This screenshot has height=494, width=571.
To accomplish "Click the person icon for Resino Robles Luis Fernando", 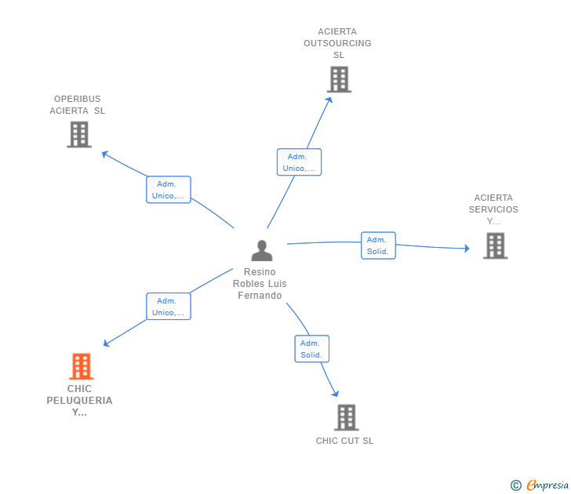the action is click(x=261, y=250).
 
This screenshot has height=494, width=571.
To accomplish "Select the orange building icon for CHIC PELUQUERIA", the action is click(x=82, y=366).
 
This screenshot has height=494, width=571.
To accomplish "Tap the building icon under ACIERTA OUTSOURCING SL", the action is click(x=339, y=79).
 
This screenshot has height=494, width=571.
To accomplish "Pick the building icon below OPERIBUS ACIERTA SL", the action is click(x=79, y=134).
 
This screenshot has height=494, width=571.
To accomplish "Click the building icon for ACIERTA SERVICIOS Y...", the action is click(x=495, y=245).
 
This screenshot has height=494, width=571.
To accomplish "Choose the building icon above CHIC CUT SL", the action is click(x=347, y=417).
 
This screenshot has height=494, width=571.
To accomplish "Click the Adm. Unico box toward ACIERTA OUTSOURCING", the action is click(x=299, y=162).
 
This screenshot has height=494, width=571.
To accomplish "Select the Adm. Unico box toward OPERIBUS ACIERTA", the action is click(x=169, y=190).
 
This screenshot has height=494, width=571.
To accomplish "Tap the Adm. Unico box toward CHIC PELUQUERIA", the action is click(x=169, y=306).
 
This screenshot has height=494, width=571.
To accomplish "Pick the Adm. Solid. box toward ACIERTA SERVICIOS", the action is click(x=378, y=245).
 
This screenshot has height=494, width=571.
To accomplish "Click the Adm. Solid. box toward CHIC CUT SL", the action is click(x=311, y=349).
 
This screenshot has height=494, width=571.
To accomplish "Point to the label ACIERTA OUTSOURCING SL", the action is click(x=337, y=43).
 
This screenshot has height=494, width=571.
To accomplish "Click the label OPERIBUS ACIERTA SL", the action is click(x=77, y=105).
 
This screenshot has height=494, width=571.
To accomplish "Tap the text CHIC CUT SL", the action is click(x=344, y=441).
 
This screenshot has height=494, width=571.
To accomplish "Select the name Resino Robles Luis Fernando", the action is click(x=260, y=284).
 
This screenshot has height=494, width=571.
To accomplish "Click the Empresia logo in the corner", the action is click(x=547, y=485).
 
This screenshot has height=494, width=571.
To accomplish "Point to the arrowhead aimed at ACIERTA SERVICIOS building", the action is click(x=467, y=249).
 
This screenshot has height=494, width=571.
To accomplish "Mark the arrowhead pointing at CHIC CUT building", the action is click(x=336, y=393).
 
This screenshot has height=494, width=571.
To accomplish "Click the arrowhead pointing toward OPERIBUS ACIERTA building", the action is click(x=104, y=154).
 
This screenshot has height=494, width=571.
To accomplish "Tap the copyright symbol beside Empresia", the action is click(x=515, y=485).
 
